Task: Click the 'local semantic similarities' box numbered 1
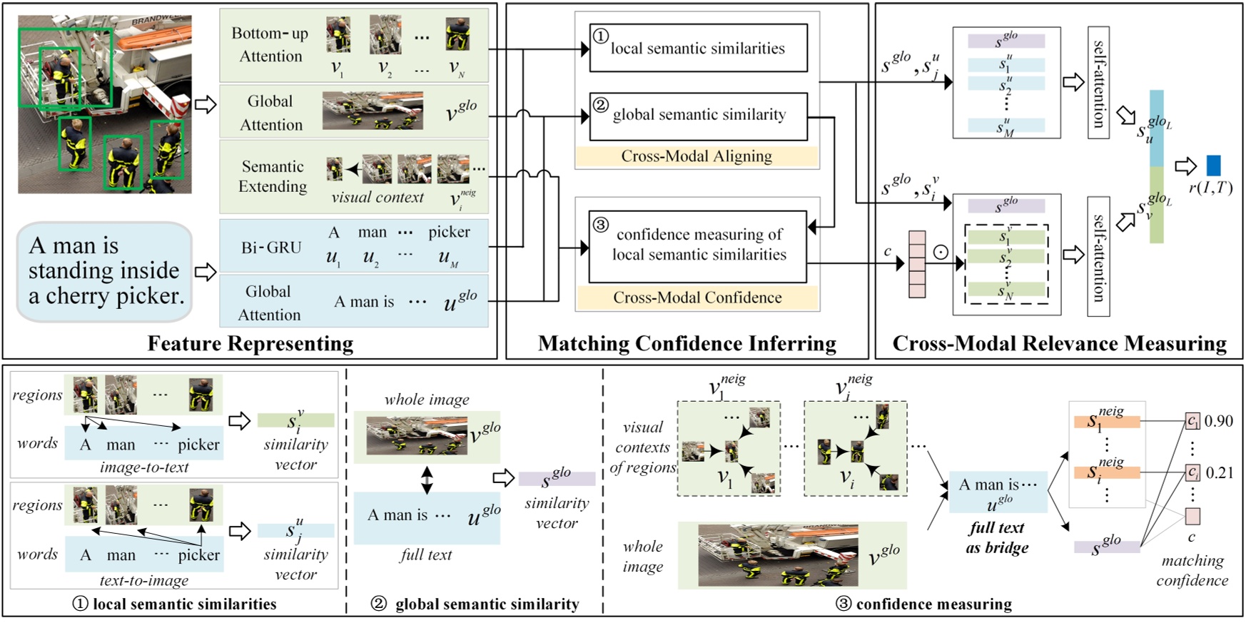[698, 48]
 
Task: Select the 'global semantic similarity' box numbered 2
[698, 115]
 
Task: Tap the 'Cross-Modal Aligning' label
[697, 156]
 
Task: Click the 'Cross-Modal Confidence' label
[697, 298]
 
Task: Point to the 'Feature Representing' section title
[250, 344]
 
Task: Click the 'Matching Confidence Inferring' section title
[687, 344]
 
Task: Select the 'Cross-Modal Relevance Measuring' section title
[1059, 344]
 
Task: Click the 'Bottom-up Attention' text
[270, 44]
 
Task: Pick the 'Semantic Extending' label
[273, 176]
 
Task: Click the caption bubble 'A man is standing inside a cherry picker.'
[105, 270]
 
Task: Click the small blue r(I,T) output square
[1213, 166]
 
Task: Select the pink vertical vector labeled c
[916, 264]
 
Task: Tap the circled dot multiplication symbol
[941, 252]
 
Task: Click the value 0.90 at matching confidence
[1219, 421]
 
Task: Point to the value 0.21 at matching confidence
[1219, 472]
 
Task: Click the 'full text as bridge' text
[997, 537]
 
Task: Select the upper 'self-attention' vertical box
[1098, 82]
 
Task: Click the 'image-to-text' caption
[144, 467]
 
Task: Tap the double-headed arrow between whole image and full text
[426, 480]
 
